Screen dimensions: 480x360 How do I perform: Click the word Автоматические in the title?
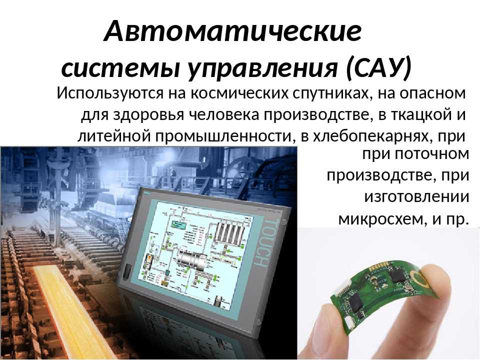(x=232, y=30)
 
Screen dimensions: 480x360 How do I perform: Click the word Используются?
(x=110, y=93)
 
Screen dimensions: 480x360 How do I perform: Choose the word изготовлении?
(x=416, y=197)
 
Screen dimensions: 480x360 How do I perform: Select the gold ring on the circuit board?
(x=419, y=277)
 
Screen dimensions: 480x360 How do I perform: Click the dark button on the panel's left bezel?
(x=126, y=271)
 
